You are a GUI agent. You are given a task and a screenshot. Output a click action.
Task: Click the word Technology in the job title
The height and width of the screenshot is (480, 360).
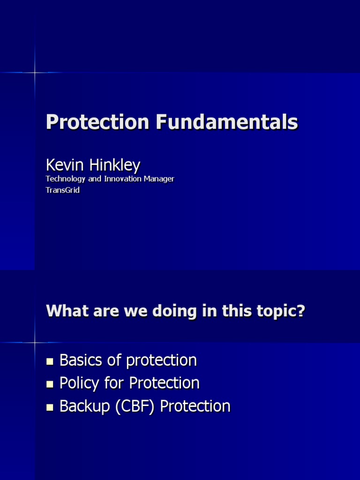pyautogui.click(x=65, y=179)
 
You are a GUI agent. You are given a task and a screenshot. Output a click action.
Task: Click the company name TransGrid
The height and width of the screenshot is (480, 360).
pyautogui.click(x=62, y=190)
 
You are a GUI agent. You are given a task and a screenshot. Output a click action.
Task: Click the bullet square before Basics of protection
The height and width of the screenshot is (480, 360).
pyautogui.click(x=50, y=361)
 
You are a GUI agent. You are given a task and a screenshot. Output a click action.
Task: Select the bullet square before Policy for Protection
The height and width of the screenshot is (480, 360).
pyautogui.click(x=50, y=384)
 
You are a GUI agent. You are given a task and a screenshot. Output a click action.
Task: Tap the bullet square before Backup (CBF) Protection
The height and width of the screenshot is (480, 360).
pyautogui.click(x=50, y=407)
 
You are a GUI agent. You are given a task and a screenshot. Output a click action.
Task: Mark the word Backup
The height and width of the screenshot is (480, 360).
pyautogui.click(x=82, y=406)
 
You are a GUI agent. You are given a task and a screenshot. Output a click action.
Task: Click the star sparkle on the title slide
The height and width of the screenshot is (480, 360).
pyautogui.click(x=35, y=73)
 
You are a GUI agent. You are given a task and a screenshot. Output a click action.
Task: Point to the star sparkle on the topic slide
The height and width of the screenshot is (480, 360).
pyautogui.click(x=35, y=343)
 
